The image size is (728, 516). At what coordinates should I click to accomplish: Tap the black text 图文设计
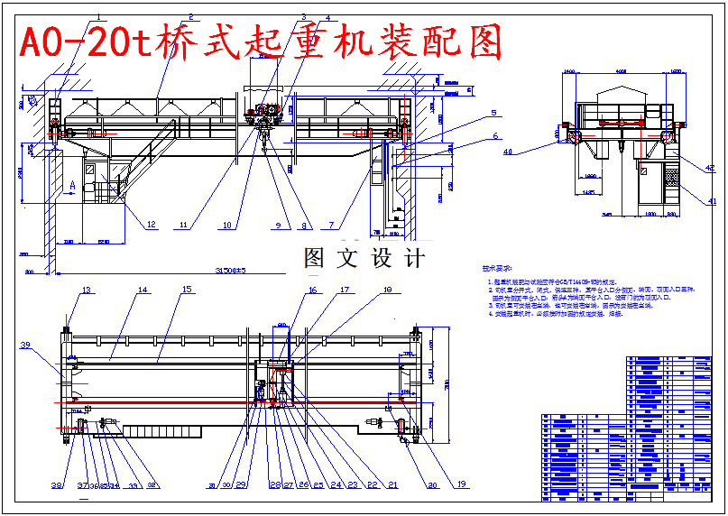click(x=364, y=259)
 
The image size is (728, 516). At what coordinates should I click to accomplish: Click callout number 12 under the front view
click(x=151, y=224)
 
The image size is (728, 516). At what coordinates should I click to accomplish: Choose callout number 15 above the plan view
click(x=188, y=290)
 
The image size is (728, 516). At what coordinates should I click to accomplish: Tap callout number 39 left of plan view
click(x=25, y=346)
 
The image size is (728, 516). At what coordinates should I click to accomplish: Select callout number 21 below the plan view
click(x=393, y=485)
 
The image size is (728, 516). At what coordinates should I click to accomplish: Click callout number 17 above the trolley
click(x=344, y=290)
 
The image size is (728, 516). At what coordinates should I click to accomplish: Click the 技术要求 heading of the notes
click(x=496, y=269)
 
